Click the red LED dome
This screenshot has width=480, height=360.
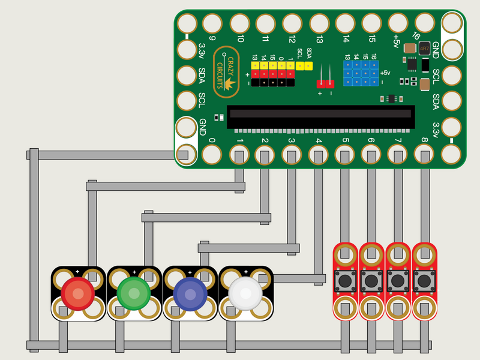tap(76, 292)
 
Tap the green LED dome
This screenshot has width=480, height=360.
tap(133, 293)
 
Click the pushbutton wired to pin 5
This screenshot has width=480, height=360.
tap(344, 280)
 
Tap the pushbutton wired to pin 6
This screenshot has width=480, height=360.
tap(371, 280)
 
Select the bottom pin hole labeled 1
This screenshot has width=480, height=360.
tap(239, 155)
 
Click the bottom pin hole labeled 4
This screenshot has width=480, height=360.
tap(318, 155)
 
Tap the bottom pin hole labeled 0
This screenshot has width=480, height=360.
tap(212, 155)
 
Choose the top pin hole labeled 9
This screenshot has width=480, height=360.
tap(212, 23)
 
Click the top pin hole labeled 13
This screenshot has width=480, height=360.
tap(319, 23)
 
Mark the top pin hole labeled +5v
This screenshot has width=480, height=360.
tap(397, 23)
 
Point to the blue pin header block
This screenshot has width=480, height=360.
tap(361, 71)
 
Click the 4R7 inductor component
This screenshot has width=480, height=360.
tap(425, 48)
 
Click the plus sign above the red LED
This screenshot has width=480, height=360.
tap(76, 271)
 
